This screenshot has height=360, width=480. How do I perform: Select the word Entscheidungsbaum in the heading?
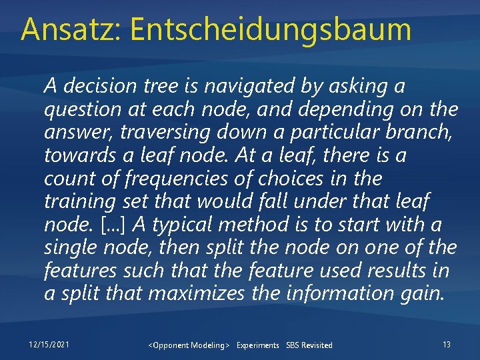point(271,31)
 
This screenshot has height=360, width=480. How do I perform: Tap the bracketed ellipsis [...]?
point(112,225)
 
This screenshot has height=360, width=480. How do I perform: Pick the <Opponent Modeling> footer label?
point(189,345)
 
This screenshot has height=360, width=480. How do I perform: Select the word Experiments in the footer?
point(257,345)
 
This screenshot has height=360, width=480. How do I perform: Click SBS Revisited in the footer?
point(309,345)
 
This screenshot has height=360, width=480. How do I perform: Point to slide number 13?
point(446,344)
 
